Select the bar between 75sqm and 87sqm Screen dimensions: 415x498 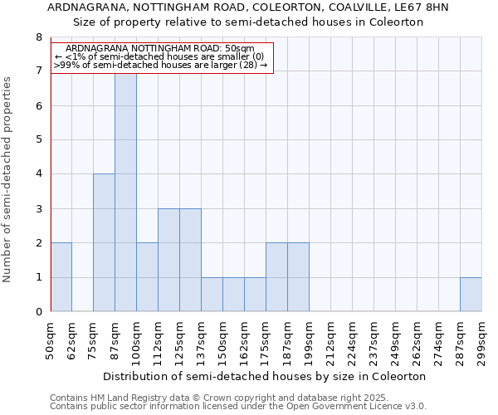click(104, 242)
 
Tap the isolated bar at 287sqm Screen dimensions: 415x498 click(471, 295)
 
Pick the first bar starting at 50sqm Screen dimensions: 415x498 click(61, 277)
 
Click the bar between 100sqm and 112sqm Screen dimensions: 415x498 click(147, 277)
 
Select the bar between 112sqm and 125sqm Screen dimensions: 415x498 click(168, 260)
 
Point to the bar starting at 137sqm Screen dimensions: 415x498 click(212, 295)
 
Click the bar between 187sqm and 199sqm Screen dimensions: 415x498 click(298, 277)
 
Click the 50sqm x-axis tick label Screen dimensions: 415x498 click(51, 339)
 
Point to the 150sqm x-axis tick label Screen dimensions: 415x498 click(222, 339)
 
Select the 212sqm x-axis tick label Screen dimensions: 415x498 click(330, 339)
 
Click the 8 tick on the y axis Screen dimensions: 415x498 click(38, 37)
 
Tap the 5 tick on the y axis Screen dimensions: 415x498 click(38, 140)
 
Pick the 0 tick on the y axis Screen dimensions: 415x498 click(38, 312)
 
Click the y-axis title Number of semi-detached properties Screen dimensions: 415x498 click(8, 178)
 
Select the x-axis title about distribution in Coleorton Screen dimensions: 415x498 click(266, 376)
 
